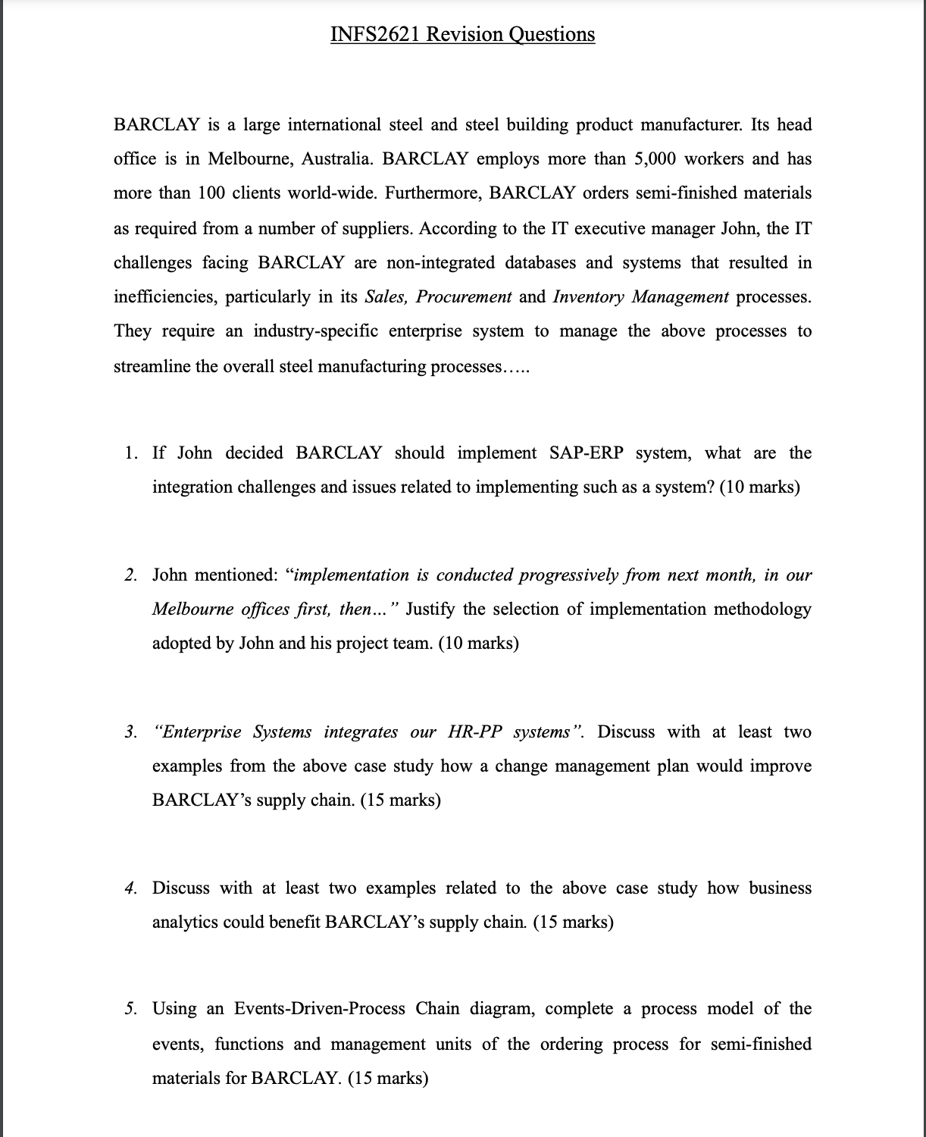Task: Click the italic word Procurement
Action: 464,297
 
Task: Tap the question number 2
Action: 130,575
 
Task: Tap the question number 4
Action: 130,888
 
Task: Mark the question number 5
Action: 130,1009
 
